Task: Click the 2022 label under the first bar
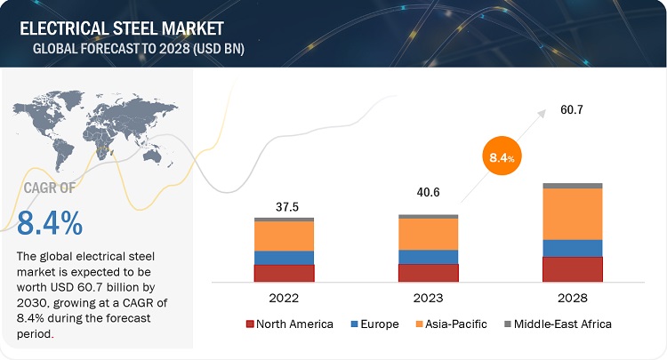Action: [284, 298]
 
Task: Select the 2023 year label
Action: [428, 298]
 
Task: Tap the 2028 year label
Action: [572, 298]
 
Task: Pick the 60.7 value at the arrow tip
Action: [572, 110]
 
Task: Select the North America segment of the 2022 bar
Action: [284, 273]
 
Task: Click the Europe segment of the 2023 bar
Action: [428, 256]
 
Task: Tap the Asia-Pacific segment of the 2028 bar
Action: [572, 214]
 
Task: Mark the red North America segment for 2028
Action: [572, 269]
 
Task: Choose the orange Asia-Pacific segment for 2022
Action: [284, 236]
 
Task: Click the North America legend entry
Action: [289, 324]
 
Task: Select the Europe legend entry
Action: [375, 324]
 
